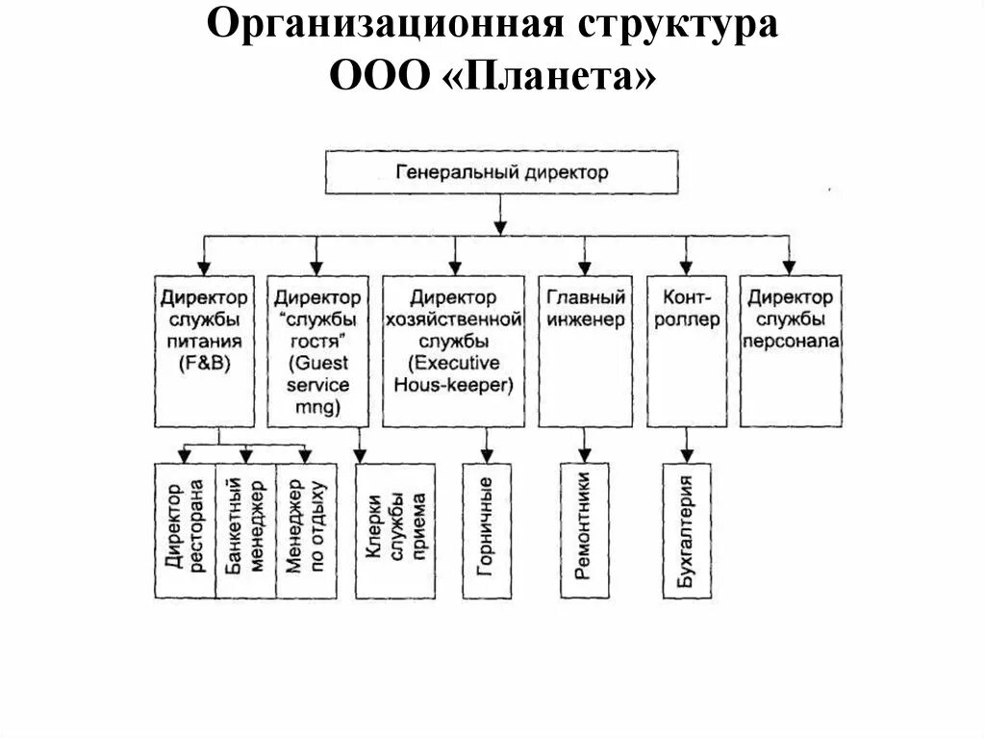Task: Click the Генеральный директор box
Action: point(500,173)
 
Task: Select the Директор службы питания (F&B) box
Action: point(202,351)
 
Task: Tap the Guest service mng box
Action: point(317,351)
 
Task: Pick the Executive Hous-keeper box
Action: point(453,351)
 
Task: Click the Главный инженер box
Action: point(585,351)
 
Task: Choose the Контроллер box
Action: point(686,351)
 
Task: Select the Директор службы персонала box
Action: point(790,351)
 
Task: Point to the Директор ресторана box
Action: point(185,531)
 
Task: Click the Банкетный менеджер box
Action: point(245,531)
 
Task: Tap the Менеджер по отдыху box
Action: point(306,531)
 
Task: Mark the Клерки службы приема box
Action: point(394,531)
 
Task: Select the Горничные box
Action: point(487,531)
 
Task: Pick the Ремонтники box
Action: point(584,531)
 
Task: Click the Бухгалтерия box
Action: point(687,531)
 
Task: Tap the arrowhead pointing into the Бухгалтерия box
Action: point(687,456)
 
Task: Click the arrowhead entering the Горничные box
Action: point(487,456)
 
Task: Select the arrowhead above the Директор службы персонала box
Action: point(789,267)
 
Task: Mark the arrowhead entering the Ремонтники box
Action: point(584,456)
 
